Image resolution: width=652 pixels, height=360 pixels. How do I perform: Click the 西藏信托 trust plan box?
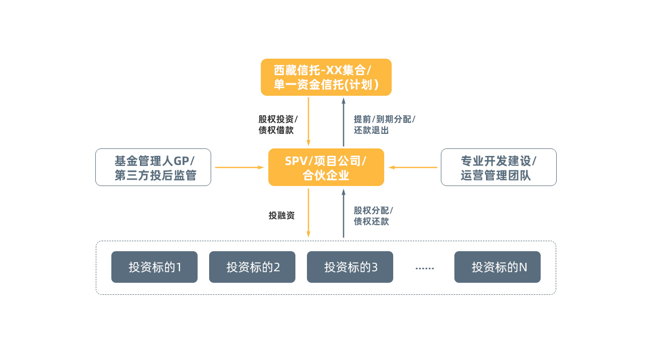pos(326,77)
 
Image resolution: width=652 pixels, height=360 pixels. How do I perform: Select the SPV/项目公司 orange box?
pos(326,167)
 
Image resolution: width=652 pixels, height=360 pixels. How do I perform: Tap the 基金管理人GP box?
pos(153,167)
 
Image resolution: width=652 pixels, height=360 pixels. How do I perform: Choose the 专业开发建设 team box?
pos(499,167)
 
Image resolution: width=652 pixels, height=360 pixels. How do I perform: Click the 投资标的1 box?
pos(154,267)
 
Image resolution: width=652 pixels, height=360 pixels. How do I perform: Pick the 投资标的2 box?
pos(252,267)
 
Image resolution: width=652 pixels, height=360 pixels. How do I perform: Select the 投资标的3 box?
pos(350,267)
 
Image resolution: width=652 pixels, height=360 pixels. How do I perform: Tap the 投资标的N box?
pos(498,267)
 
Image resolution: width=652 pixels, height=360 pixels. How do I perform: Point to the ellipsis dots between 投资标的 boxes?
pos(425,268)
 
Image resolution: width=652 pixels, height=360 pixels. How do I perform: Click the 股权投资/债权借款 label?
pos(278,124)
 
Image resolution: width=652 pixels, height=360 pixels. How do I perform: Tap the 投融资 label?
pos(281,216)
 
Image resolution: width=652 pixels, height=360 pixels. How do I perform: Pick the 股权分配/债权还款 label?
pos(374,216)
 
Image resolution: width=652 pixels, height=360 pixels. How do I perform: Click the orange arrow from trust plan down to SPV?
pos(308,122)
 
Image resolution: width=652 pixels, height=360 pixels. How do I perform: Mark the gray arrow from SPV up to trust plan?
pos(344,122)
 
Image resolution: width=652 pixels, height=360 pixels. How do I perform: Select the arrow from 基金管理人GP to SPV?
pos(240,167)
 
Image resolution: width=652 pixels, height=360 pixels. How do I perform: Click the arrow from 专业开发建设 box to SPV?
pos(413,167)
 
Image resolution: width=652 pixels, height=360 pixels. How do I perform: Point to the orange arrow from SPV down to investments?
pos(308,213)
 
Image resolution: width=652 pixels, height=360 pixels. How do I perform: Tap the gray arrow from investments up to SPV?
pos(344,213)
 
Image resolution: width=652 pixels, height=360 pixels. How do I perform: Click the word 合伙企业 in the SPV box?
pos(326,175)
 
